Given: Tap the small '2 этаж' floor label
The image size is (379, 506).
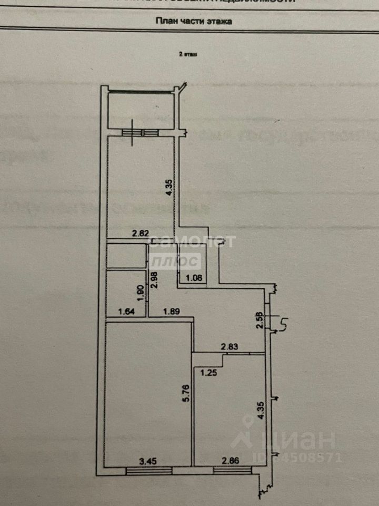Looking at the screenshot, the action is click(188, 54).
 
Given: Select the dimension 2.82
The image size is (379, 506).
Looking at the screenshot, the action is click(141, 234).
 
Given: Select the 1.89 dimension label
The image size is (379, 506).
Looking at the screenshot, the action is click(172, 312).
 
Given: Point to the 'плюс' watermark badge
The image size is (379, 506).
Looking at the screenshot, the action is click(175, 261).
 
